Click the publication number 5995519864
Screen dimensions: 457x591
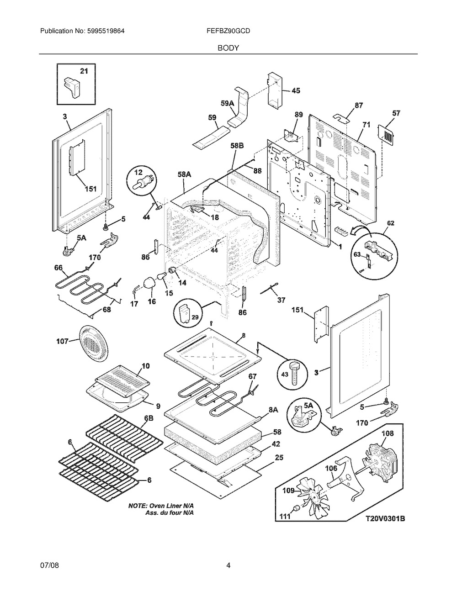(106, 31)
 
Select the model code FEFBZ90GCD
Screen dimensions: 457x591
(228, 31)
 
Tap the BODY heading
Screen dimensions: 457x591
(228, 48)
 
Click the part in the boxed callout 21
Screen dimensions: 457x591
(72, 88)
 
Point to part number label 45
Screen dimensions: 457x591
(296, 90)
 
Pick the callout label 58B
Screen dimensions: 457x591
(237, 146)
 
